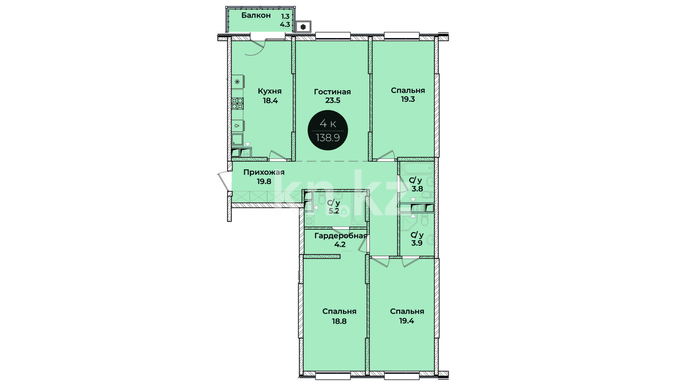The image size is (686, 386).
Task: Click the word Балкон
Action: pyautogui.click(x=256, y=15)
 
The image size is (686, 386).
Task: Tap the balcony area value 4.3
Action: pyautogui.click(x=285, y=25)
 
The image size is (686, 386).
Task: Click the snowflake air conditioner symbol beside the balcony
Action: pyautogui.click(x=303, y=27)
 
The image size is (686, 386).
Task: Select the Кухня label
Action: pyautogui.click(x=270, y=91)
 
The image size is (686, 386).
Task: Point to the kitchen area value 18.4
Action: pyautogui.click(x=270, y=100)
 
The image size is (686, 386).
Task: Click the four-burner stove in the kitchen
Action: pyautogui.click(x=238, y=103)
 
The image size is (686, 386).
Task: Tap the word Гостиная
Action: pyautogui.click(x=332, y=92)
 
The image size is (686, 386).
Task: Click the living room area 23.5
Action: pyautogui.click(x=333, y=100)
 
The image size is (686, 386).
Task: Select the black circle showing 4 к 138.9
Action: pyautogui.click(x=328, y=130)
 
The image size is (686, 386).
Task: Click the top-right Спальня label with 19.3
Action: pyautogui.click(x=408, y=90)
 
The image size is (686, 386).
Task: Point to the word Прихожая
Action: pyautogui.click(x=264, y=172)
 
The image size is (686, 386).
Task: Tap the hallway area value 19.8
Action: pyautogui.click(x=264, y=182)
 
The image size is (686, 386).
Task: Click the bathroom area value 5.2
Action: pyautogui.click(x=334, y=211)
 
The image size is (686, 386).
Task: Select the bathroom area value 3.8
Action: pyautogui.click(x=417, y=189)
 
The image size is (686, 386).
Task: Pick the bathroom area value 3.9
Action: pyautogui.click(x=417, y=243)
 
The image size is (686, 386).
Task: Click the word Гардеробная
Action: pyautogui.click(x=341, y=236)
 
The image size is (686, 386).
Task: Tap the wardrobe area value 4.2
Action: pyautogui.click(x=340, y=244)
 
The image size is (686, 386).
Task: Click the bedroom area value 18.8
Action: pyautogui.click(x=339, y=321)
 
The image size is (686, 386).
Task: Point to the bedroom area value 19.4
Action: pyautogui.click(x=407, y=321)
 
